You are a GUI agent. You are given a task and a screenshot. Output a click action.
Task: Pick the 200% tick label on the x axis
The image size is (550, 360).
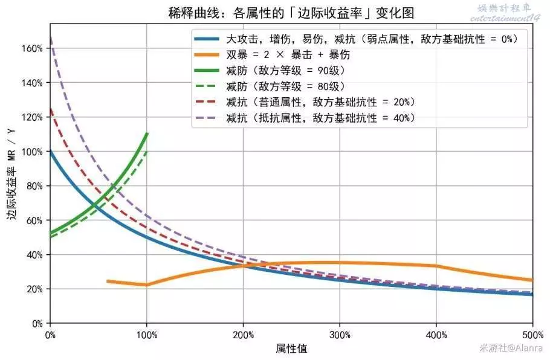(x=243, y=334)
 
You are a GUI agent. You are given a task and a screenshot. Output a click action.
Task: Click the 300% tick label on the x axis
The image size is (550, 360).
(x=340, y=334)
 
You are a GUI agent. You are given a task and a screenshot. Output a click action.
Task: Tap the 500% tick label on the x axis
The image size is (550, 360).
(x=532, y=334)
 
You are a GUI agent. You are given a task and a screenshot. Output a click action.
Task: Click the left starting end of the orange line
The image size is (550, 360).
(x=107, y=281)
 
